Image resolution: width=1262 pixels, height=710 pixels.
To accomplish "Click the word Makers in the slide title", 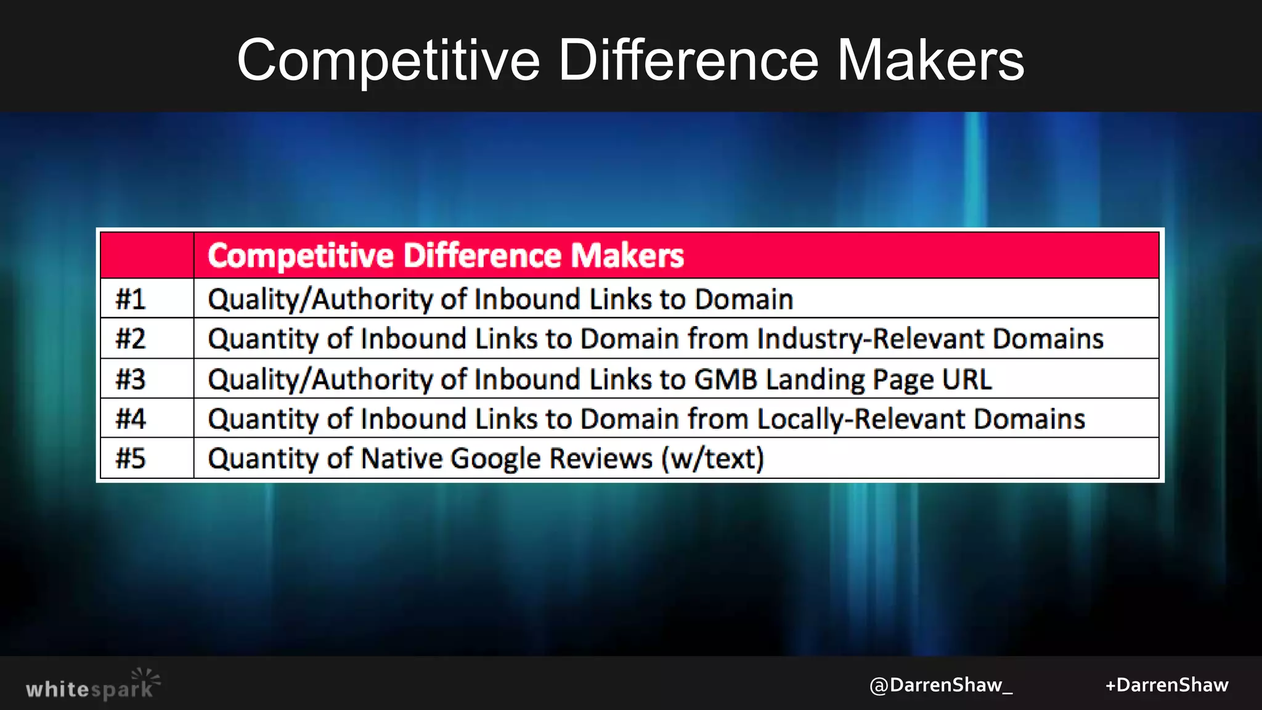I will [x=930, y=60].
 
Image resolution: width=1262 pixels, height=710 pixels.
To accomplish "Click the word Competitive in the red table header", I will [x=300, y=256].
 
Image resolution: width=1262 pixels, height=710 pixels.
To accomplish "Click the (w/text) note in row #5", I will [x=713, y=459].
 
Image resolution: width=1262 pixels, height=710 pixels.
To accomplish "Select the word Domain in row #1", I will [x=744, y=300].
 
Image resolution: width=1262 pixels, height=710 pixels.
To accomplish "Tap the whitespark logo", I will [x=92, y=685].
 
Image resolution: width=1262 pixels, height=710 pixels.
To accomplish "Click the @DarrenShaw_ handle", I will [x=940, y=685].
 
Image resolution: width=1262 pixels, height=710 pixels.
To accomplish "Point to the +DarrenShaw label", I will [x=1166, y=685].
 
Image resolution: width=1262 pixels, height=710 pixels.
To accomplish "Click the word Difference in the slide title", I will [x=688, y=60].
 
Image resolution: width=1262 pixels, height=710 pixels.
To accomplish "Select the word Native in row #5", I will [x=401, y=459].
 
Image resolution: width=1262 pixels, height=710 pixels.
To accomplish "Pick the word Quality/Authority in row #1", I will [x=320, y=300].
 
